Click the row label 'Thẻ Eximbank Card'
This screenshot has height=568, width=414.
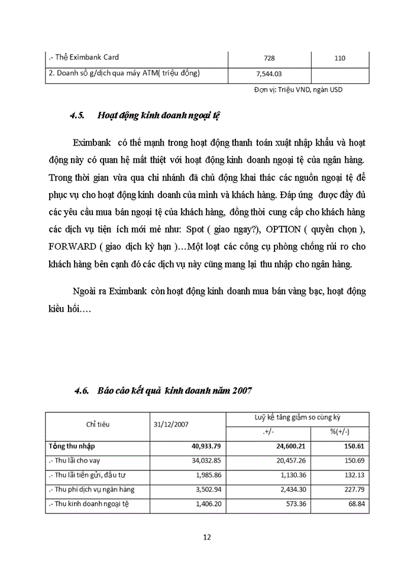(83, 57)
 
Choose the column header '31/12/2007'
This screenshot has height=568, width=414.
(170, 425)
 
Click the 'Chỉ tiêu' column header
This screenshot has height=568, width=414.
(98, 424)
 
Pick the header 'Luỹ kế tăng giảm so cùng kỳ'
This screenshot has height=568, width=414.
(297, 418)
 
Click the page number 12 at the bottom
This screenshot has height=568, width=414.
(207, 537)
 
